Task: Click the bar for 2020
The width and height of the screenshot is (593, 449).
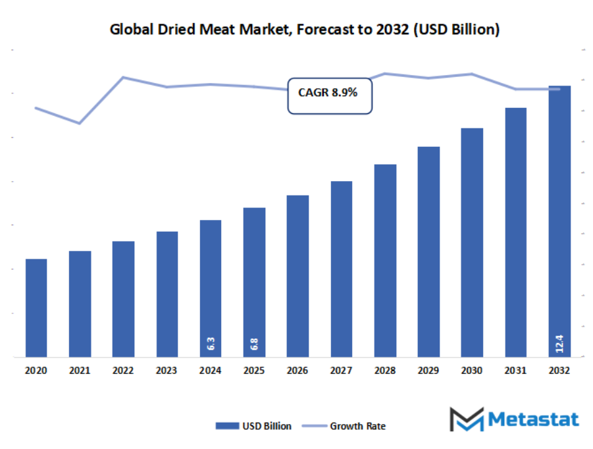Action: [x=36, y=308]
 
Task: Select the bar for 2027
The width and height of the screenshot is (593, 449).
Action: [x=342, y=269]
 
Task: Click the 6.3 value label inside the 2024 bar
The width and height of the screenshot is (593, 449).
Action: [x=211, y=344]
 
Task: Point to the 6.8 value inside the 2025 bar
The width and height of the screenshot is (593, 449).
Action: [x=254, y=344]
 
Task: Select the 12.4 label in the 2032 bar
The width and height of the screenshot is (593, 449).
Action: [x=559, y=342]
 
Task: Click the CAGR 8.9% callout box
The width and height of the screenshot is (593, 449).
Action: [x=328, y=93]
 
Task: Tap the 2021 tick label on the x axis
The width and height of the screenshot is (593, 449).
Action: [x=80, y=371]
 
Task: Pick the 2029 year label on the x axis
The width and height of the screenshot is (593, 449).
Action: [x=428, y=371]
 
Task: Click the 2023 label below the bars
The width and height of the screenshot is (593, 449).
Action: [x=167, y=371]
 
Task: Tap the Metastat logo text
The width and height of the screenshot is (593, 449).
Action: [x=533, y=419]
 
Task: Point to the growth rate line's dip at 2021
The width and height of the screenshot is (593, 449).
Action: [x=80, y=123]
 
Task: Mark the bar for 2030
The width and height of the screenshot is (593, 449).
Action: [x=472, y=243]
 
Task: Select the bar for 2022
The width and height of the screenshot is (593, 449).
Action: [x=123, y=300]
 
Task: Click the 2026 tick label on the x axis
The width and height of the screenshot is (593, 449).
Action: [x=297, y=371]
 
